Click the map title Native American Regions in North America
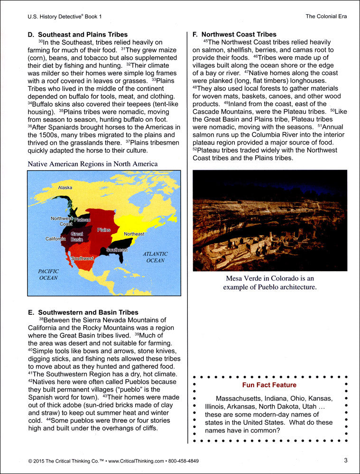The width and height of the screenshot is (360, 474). point(92,164)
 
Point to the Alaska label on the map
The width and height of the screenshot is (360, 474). point(65,188)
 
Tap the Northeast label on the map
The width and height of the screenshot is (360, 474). point(134,234)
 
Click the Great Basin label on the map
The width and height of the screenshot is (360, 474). point(77,237)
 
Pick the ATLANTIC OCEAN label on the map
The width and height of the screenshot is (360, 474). point(155,257)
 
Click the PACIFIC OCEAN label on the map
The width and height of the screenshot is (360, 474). point(48,274)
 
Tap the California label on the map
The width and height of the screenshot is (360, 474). point(55,239)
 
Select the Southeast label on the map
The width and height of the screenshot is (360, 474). point(117,250)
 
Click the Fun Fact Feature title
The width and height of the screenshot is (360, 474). point(269,385)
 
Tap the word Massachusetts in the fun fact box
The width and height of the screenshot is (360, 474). point(238,398)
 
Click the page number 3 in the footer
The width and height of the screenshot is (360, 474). point(346,460)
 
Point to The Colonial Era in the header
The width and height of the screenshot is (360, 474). point(326,16)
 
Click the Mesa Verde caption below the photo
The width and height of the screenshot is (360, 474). point(270,283)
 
